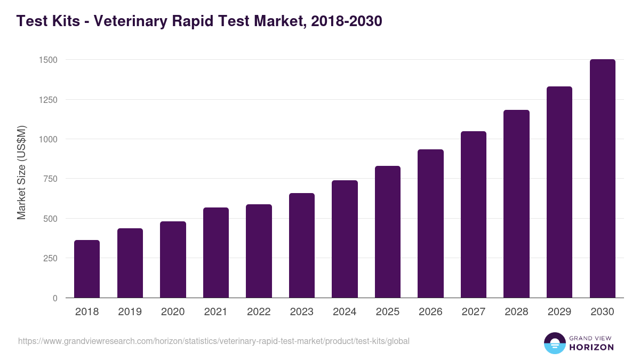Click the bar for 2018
(x=87, y=269)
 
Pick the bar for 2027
(x=474, y=214)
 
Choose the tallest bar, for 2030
(x=602, y=179)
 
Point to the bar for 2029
(x=559, y=192)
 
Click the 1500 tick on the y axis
(x=48, y=60)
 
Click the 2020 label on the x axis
(x=173, y=312)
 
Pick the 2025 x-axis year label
(x=387, y=312)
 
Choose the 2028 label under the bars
(x=516, y=312)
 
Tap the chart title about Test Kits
(x=199, y=21)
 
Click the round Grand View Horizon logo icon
(x=554, y=343)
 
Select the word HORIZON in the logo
(x=591, y=347)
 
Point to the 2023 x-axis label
(x=302, y=312)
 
